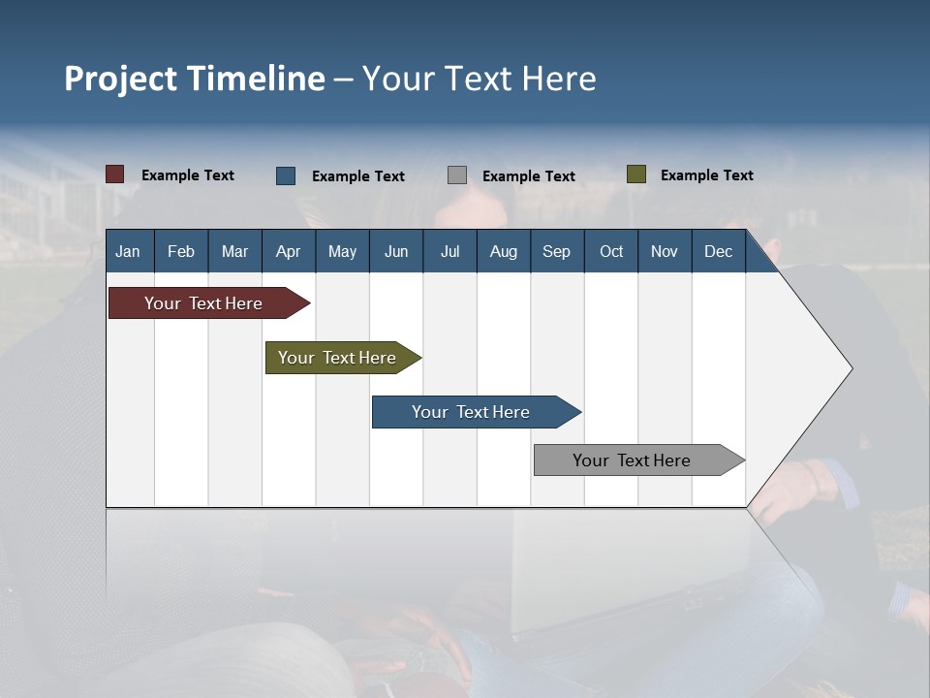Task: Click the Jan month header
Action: point(128,251)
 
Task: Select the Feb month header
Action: point(181,251)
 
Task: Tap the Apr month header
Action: point(288,251)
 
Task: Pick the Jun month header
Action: point(396,251)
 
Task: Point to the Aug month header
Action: point(503,251)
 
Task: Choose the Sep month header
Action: point(556,251)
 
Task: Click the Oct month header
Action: point(611,251)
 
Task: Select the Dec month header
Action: point(718,251)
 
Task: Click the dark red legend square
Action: point(115,174)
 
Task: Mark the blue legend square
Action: point(286,175)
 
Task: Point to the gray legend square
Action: point(457,175)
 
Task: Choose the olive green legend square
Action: point(636,174)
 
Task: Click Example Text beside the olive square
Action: point(706,174)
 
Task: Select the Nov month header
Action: point(664,251)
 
